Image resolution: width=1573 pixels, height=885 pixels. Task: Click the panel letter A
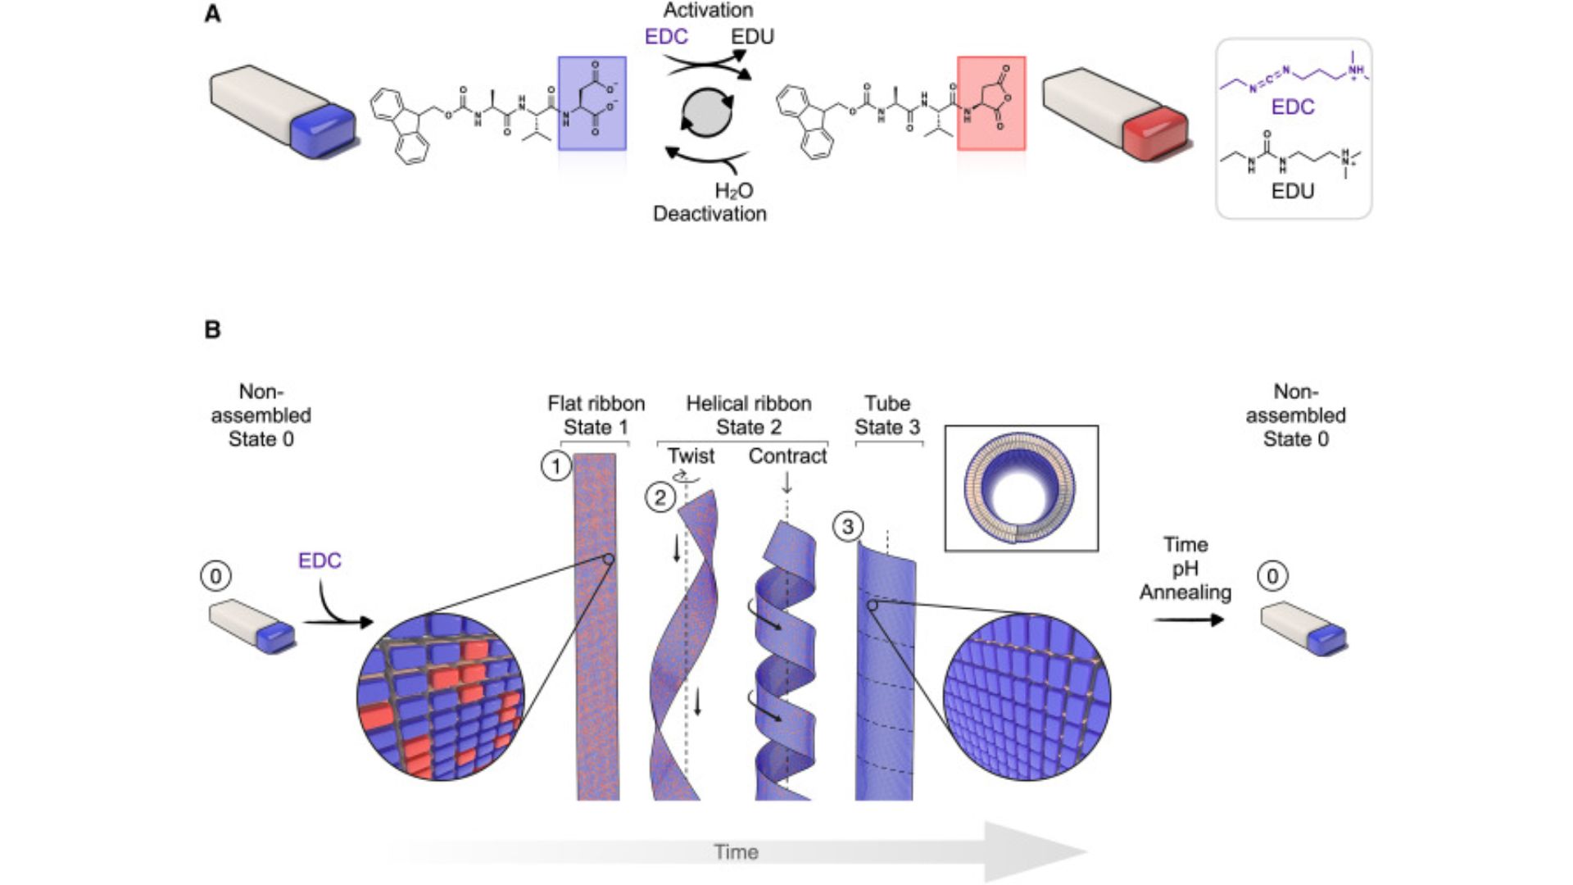coord(212,14)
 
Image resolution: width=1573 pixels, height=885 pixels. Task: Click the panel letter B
coord(212,329)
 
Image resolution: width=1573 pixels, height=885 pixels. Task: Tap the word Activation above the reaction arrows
coord(708,11)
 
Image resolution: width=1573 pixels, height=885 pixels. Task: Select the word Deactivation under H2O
coord(709,214)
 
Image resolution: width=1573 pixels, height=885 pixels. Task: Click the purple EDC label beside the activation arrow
coord(666,37)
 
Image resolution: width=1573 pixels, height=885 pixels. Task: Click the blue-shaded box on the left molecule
coord(592,103)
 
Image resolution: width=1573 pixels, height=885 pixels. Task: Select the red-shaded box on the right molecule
coord(990,103)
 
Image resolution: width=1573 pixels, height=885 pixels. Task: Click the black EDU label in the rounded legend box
coord(1292,191)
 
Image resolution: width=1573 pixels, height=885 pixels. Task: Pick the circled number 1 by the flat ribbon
coord(556,467)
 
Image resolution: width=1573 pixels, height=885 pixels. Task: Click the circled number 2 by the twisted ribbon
coord(660,497)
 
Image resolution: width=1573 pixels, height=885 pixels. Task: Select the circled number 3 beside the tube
coord(848,526)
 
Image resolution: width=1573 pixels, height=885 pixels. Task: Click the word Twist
coord(691,456)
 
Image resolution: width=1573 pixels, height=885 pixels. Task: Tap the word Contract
coord(787,456)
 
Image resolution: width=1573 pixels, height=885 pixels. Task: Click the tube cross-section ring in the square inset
coord(1020,488)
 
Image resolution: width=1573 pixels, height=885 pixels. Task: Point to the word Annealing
coord(1185,592)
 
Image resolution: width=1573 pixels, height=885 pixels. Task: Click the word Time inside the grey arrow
coord(736,852)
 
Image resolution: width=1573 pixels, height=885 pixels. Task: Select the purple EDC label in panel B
coord(320,560)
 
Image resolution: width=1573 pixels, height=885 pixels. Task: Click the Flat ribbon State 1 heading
coord(596,415)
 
